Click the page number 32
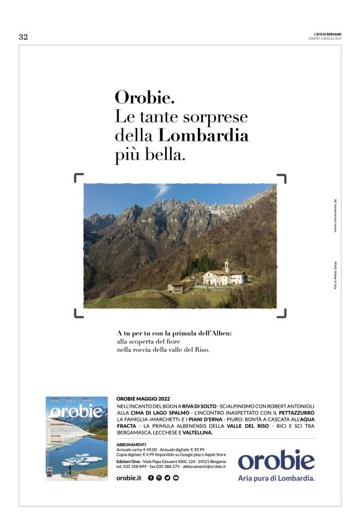pyautogui.click(x=24, y=37)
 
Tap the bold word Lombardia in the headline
pyautogui.click(x=204, y=135)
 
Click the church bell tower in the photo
pyautogui.click(x=227, y=266)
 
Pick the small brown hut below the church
pyautogui.click(x=176, y=287)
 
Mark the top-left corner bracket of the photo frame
pyautogui.click(x=79, y=179)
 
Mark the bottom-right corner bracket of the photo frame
pyautogui.click(x=282, y=313)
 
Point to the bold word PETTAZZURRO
pyautogui.click(x=297, y=412)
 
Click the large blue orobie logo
pyautogui.click(x=276, y=460)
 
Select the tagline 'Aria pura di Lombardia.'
pyautogui.click(x=276, y=479)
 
